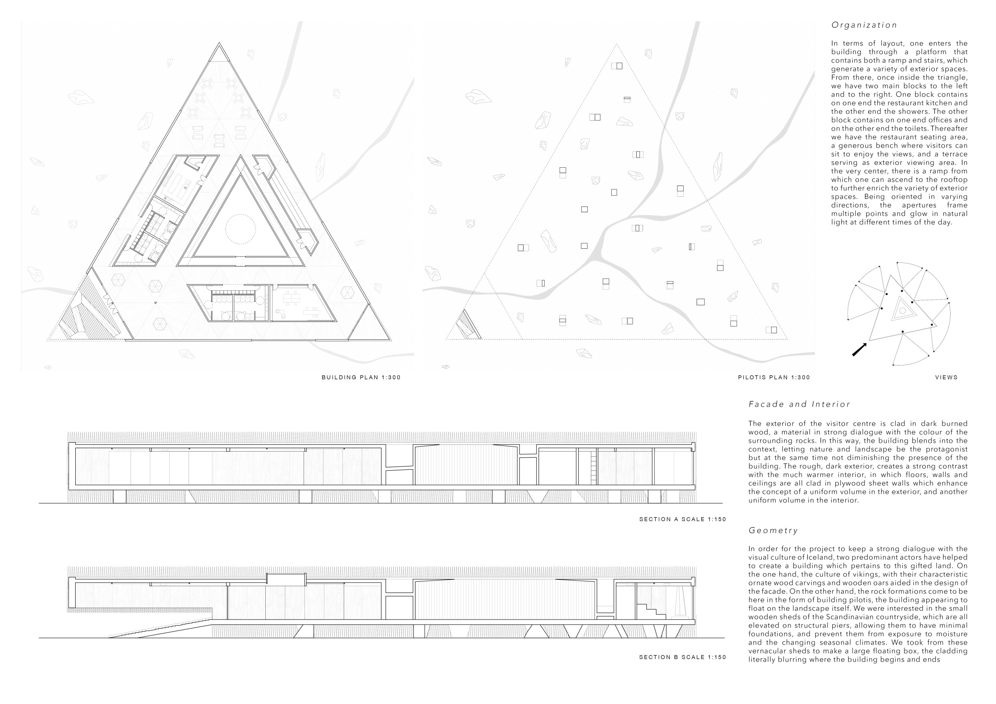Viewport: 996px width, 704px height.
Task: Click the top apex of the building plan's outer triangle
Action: coord(219,43)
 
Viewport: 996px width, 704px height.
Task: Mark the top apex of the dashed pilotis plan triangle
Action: coord(616,44)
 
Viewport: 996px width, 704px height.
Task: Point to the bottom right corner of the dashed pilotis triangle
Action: coord(788,339)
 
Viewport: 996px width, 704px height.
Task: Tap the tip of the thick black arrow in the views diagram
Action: coord(867,343)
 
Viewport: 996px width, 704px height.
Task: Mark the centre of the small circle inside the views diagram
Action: coord(902,310)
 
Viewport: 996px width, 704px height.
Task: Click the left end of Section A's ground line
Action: coord(39,503)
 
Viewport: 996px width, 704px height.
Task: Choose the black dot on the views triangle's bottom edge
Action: coord(903,332)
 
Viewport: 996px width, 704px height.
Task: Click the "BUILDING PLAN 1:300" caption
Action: coord(361,377)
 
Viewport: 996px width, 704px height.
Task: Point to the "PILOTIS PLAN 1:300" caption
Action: coord(774,377)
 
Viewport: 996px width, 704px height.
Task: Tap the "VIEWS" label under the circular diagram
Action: coord(946,377)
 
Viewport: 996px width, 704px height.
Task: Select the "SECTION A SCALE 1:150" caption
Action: coord(682,519)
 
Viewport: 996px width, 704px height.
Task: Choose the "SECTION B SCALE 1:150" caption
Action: coord(682,657)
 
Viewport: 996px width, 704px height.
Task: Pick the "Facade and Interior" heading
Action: coord(799,405)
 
